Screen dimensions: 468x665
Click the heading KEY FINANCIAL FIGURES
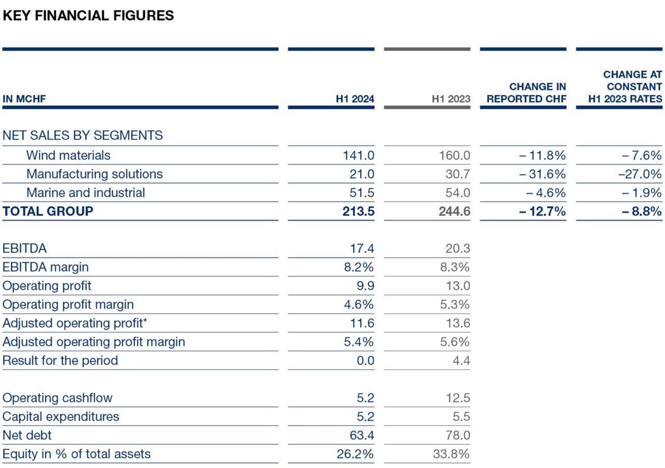click(x=88, y=16)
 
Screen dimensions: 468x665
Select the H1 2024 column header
click(x=355, y=99)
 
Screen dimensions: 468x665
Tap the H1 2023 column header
click(x=451, y=99)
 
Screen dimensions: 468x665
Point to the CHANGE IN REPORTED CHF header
click(x=526, y=92)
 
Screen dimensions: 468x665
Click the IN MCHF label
click(x=24, y=99)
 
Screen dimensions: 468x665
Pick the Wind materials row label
click(x=68, y=155)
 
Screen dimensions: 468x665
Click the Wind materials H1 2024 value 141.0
click(x=359, y=155)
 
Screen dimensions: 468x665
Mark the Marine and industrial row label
click(x=86, y=193)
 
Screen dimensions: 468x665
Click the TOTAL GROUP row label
click(x=48, y=211)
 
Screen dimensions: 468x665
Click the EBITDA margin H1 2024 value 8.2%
click(x=358, y=267)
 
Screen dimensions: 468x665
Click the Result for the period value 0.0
click(x=365, y=360)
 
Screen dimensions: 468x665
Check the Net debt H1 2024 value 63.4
click(x=362, y=435)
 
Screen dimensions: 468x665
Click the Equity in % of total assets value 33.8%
click(x=451, y=454)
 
